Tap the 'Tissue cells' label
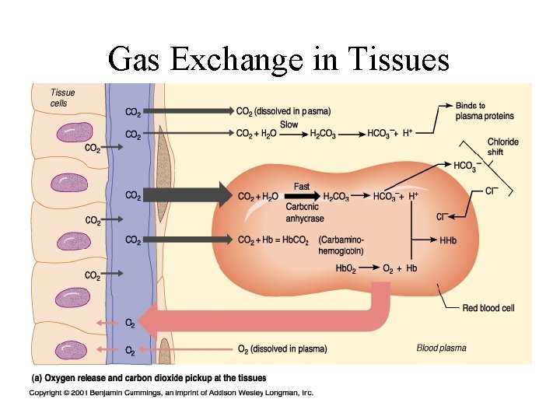tap(63, 98)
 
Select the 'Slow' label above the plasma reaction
tap(289, 124)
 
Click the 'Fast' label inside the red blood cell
tap(302, 187)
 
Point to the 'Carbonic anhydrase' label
tap(305, 212)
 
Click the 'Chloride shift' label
tap(502, 147)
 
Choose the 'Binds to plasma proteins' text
tap(485, 111)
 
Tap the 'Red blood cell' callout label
tap(488, 308)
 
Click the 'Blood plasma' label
tap(442, 348)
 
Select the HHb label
tap(448, 241)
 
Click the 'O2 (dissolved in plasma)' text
tap(282, 348)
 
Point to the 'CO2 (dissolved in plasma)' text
tap(282, 111)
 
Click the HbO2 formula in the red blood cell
tap(346, 268)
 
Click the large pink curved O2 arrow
tap(272, 319)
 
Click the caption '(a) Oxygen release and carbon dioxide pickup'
tap(149, 378)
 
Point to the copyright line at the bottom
tap(171, 393)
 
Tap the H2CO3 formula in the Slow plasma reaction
tap(323, 135)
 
